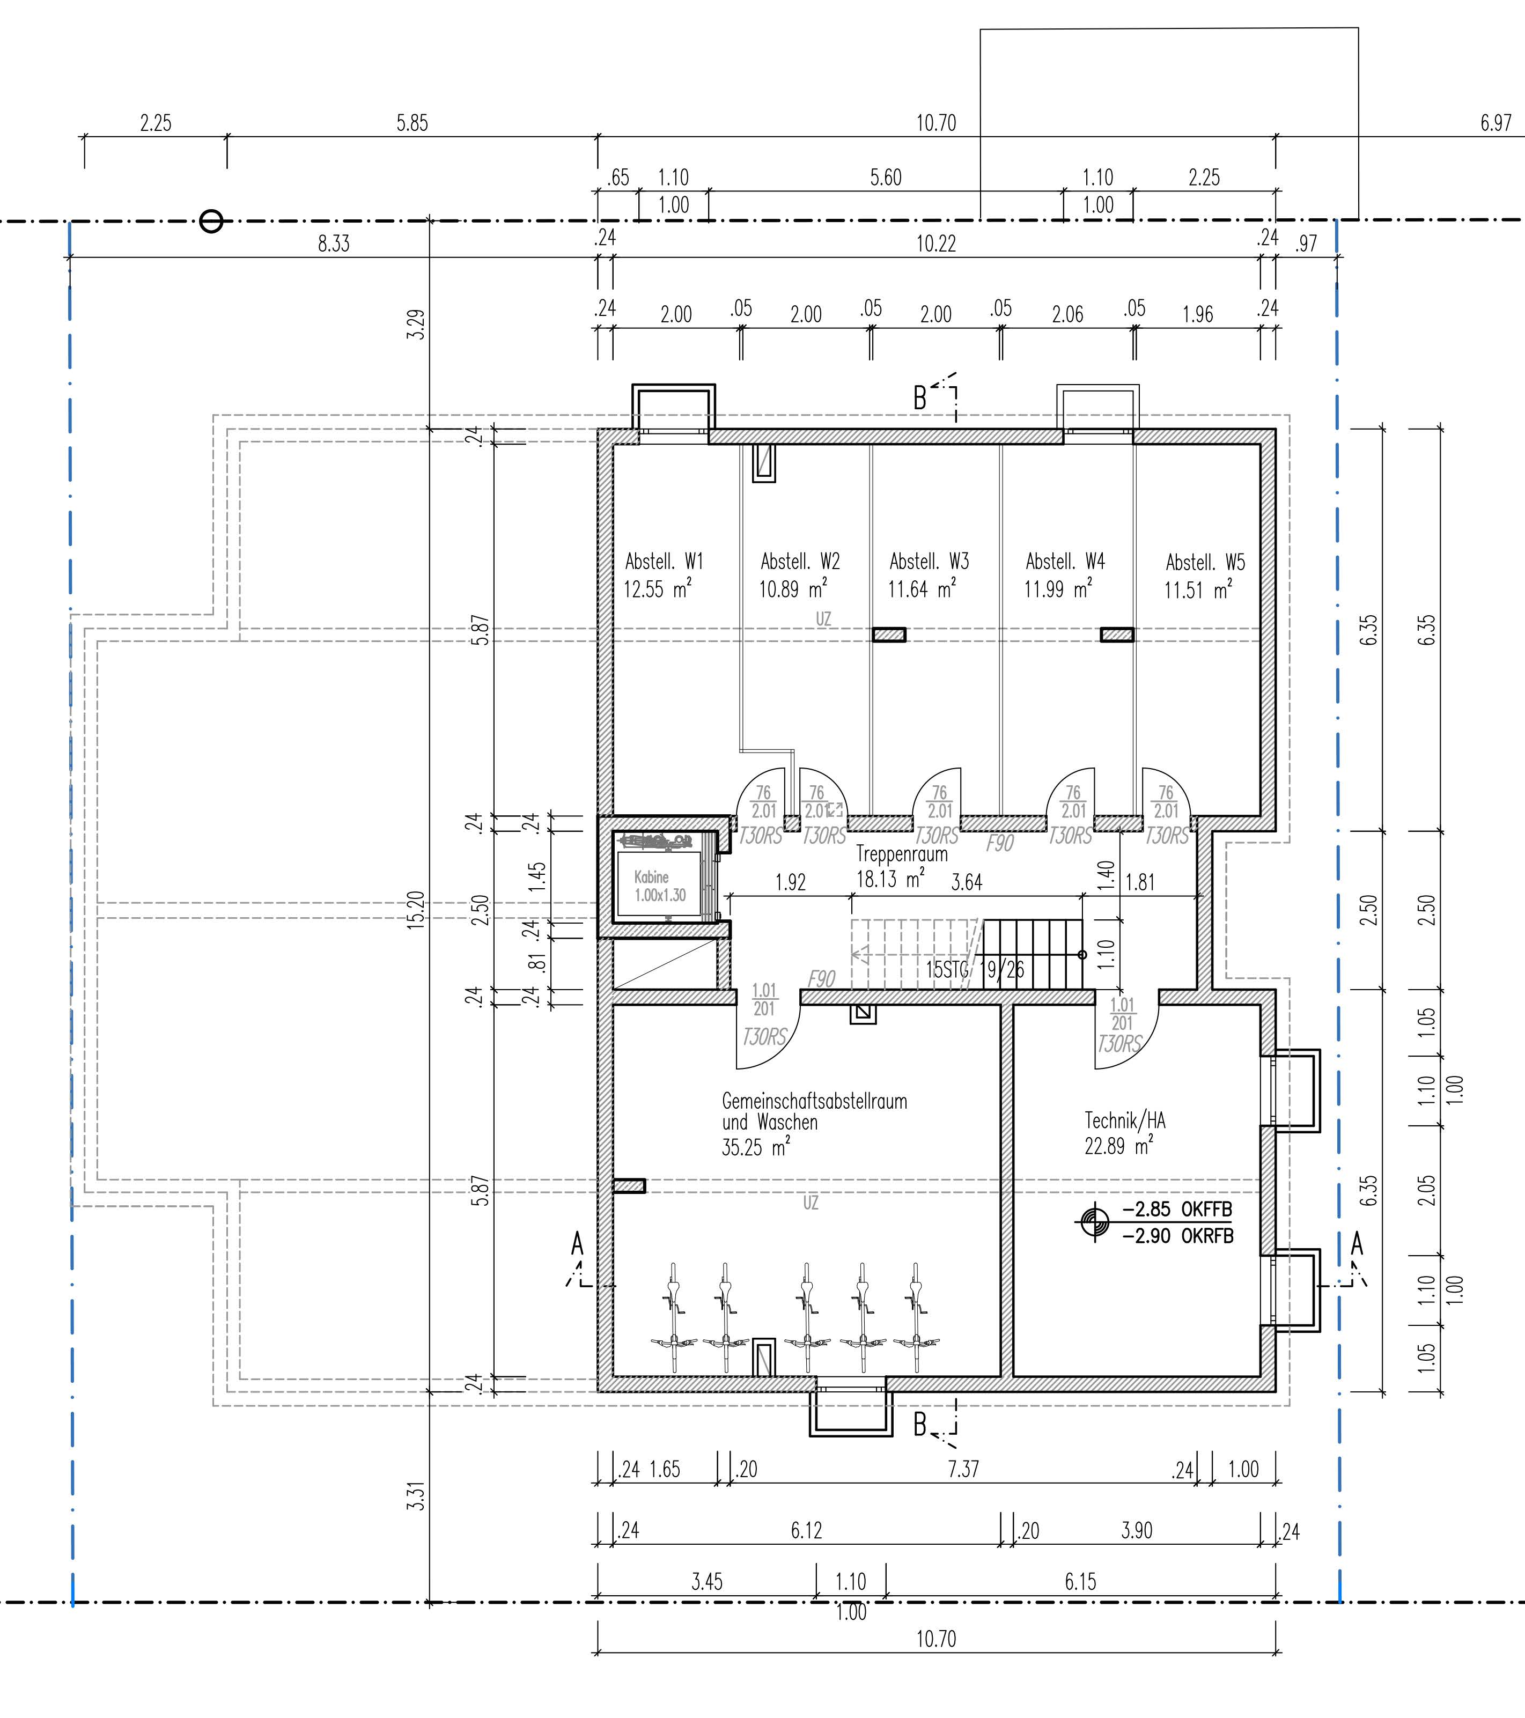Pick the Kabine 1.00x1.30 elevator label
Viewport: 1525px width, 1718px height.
[659, 887]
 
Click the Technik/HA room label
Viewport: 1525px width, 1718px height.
[1125, 1120]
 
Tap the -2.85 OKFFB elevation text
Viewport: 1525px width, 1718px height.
[1177, 1210]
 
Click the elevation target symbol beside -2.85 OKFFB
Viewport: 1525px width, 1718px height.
[1095, 1221]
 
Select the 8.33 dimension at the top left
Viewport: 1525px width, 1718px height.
[333, 244]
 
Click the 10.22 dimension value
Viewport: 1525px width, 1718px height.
[935, 244]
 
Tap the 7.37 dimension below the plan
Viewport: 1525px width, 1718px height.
[963, 1469]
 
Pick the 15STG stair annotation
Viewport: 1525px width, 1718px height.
[947, 970]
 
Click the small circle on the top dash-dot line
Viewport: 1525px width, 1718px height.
[211, 222]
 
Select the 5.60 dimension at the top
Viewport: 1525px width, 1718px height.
[885, 178]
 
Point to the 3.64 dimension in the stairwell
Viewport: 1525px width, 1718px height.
[966, 882]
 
